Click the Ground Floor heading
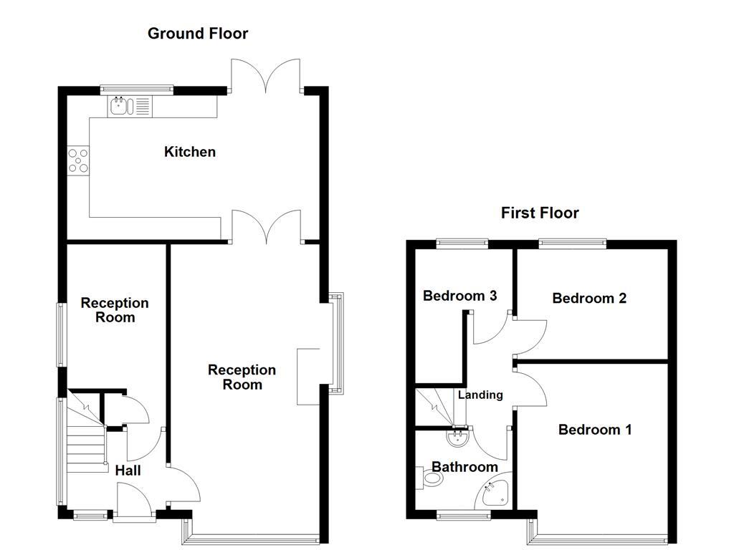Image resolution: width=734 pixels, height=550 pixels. point(198,34)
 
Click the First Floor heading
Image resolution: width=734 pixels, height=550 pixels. point(540,213)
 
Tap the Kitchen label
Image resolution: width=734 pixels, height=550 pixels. point(189,152)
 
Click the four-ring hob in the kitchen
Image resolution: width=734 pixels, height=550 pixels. point(78,160)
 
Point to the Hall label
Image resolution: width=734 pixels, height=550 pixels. point(128,471)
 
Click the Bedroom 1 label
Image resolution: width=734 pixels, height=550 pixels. point(595,430)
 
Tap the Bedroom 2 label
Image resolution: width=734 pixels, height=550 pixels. point(589,298)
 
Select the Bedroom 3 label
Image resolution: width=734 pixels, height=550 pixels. point(459,296)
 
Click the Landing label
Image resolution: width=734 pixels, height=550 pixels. point(480,395)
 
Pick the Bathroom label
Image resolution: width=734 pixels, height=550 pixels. point(464,467)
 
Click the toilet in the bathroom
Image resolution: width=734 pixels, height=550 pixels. point(429,478)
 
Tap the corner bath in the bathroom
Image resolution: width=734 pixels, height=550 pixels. point(494,492)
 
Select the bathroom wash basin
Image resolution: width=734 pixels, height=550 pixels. point(458,438)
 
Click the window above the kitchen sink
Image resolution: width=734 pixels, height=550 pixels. point(137,90)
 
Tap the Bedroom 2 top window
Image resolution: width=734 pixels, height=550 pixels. point(573,243)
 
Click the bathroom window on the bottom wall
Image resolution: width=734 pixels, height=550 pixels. point(464,516)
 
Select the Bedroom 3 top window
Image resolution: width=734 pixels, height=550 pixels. point(462,243)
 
